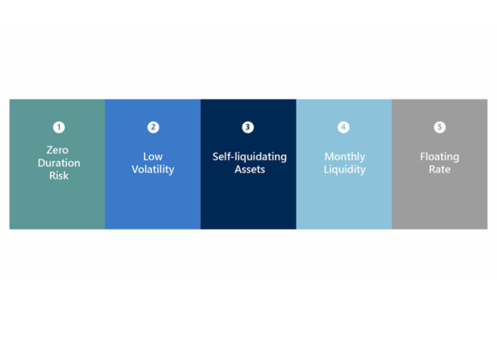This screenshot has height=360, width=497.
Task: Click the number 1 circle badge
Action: tap(58, 127)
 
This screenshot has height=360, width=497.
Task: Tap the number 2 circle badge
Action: tap(153, 127)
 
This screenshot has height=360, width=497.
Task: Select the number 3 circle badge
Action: tap(248, 127)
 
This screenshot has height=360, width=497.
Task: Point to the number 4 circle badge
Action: tap(344, 127)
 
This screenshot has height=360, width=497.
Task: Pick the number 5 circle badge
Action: tap(440, 127)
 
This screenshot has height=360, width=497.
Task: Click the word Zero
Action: tap(57, 150)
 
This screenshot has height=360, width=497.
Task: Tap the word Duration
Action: tap(59, 163)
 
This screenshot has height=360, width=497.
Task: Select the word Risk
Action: tap(59, 176)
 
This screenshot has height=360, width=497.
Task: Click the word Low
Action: tap(153, 157)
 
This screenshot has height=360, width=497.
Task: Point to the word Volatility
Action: tap(153, 170)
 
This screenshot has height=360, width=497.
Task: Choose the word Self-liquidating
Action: tap(249, 157)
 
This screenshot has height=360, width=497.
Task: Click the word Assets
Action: tap(249, 170)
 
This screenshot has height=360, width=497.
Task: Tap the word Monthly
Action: tap(344, 157)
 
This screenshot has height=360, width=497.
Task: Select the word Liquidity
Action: tap(344, 170)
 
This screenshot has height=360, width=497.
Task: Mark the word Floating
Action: tap(440, 157)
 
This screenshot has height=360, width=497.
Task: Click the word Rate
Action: tap(440, 170)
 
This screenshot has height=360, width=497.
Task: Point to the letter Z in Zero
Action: tap(50, 150)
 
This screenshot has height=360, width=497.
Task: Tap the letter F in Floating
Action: tap(422, 157)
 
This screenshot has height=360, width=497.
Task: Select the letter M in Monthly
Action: tap(329, 157)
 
